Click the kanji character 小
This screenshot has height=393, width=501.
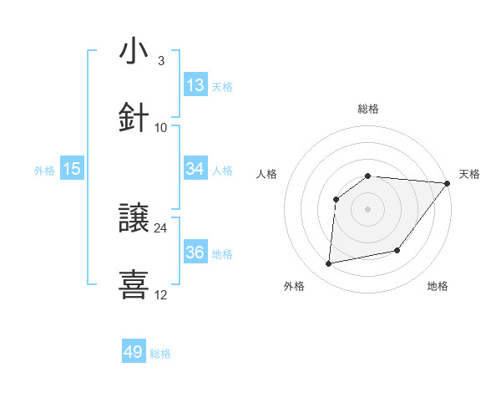(134, 52)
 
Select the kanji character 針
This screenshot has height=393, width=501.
(134, 116)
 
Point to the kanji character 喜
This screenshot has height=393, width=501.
(134, 283)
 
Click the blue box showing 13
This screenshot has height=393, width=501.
(195, 85)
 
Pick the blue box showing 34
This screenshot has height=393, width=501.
(195, 169)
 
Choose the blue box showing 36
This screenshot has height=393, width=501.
(195, 253)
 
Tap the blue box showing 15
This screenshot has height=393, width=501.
(72, 169)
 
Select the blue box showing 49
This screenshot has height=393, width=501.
(134, 352)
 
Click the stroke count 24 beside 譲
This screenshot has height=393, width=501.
(160, 227)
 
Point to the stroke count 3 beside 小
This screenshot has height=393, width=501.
(160, 61)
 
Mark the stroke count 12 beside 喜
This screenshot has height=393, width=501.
(160, 294)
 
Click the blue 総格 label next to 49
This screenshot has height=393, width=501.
(160, 354)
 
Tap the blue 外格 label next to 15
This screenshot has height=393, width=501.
(44, 171)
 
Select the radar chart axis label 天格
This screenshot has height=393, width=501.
(469, 174)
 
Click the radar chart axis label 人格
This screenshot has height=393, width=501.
(267, 174)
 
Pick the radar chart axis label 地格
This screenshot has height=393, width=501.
(438, 286)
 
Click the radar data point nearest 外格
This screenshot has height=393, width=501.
(329, 263)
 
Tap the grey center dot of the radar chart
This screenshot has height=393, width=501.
(367, 208)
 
